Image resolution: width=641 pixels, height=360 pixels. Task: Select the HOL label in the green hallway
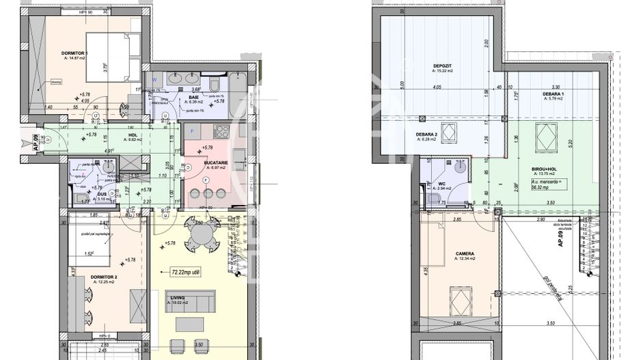click(x=133, y=135)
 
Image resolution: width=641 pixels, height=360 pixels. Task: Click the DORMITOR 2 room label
click(x=94, y=277)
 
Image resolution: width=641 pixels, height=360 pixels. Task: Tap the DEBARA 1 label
click(x=552, y=94)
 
